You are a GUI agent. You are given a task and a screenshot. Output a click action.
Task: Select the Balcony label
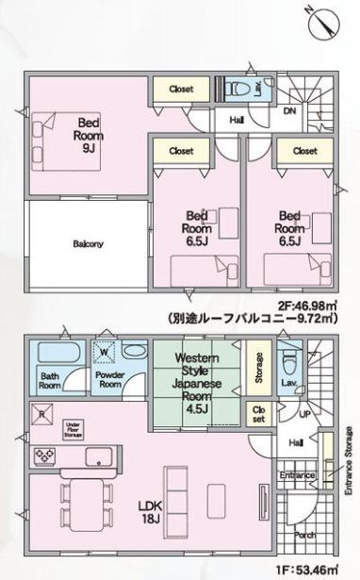click(89, 243)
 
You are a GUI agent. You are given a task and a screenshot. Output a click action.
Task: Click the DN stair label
click(288, 110)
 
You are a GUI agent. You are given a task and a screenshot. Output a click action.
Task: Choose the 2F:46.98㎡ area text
click(310, 304)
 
